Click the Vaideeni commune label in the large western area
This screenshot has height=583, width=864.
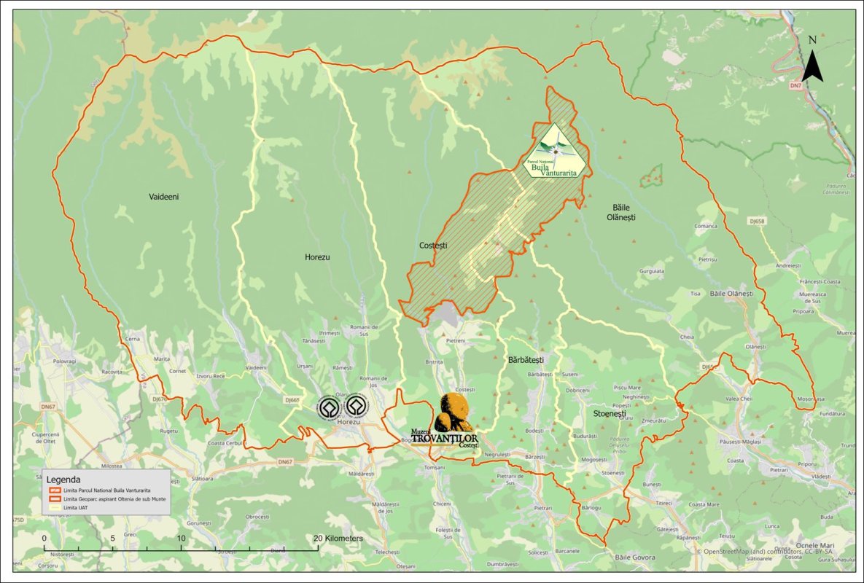click(x=163, y=197)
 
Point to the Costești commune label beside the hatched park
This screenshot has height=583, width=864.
click(x=433, y=246)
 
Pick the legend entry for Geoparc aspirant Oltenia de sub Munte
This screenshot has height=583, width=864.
click(x=109, y=499)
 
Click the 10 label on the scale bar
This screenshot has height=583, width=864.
click(x=181, y=539)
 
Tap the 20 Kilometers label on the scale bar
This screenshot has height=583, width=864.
click(x=339, y=538)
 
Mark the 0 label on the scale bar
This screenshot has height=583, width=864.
click(x=44, y=539)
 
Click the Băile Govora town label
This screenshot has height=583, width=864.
click(x=634, y=557)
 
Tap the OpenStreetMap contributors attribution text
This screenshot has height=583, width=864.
click(x=770, y=552)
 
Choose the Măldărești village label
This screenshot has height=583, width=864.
click(x=360, y=474)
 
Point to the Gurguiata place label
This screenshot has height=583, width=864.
click(x=652, y=271)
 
